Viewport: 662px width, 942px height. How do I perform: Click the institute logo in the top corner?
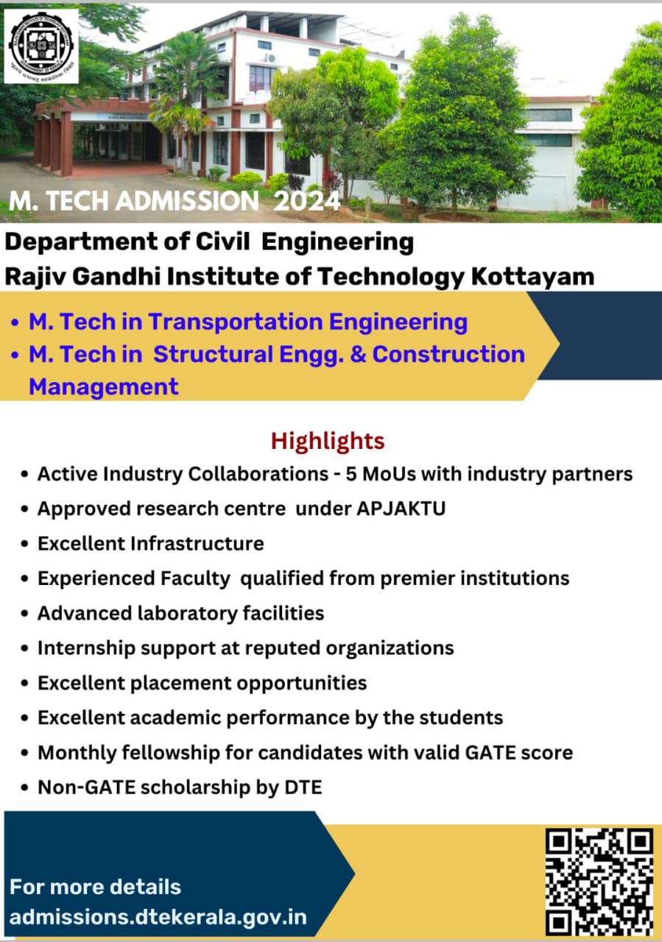point(41,46)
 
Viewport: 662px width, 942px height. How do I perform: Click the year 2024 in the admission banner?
point(307,201)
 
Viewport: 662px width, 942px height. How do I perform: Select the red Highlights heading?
point(328,441)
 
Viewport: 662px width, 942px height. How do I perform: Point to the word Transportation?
point(235,322)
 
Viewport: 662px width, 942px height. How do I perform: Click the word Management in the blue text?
point(104,386)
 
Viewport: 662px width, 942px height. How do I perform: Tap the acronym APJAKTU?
point(401,509)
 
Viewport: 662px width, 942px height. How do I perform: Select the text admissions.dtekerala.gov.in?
point(158,917)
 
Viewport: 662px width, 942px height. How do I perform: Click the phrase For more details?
point(95,887)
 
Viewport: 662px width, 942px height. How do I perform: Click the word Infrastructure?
point(197,543)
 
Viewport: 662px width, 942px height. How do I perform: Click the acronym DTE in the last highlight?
point(303,787)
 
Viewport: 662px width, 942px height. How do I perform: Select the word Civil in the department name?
point(222,242)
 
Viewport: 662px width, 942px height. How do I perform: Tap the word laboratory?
point(188,614)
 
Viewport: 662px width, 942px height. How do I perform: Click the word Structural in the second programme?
point(214,354)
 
